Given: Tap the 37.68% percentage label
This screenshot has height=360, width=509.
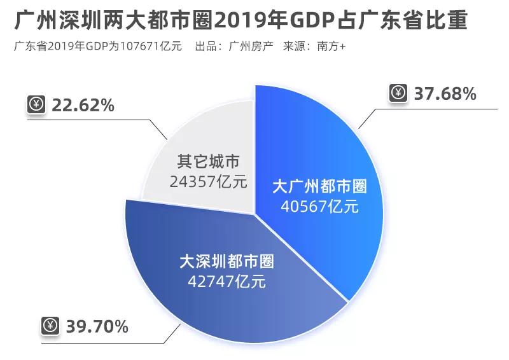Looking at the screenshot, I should tap(445, 94).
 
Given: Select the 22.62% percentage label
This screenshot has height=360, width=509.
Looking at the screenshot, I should tap(83, 105).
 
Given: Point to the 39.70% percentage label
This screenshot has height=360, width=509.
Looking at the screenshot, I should tap(97, 327).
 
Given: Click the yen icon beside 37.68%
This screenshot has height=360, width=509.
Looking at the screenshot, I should tap(398, 93).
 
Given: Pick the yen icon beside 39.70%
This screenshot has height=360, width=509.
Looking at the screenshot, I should tap(50, 327).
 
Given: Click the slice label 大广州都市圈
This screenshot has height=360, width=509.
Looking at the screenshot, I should tap(319, 187).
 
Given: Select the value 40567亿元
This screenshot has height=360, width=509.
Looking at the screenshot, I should tap(319, 207).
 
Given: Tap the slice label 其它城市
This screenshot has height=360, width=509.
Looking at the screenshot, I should tap(208, 162).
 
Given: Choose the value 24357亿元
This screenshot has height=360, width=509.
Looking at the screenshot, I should tap(208, 181).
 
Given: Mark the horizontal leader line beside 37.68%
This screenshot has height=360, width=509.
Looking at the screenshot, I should tap(439, 109).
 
